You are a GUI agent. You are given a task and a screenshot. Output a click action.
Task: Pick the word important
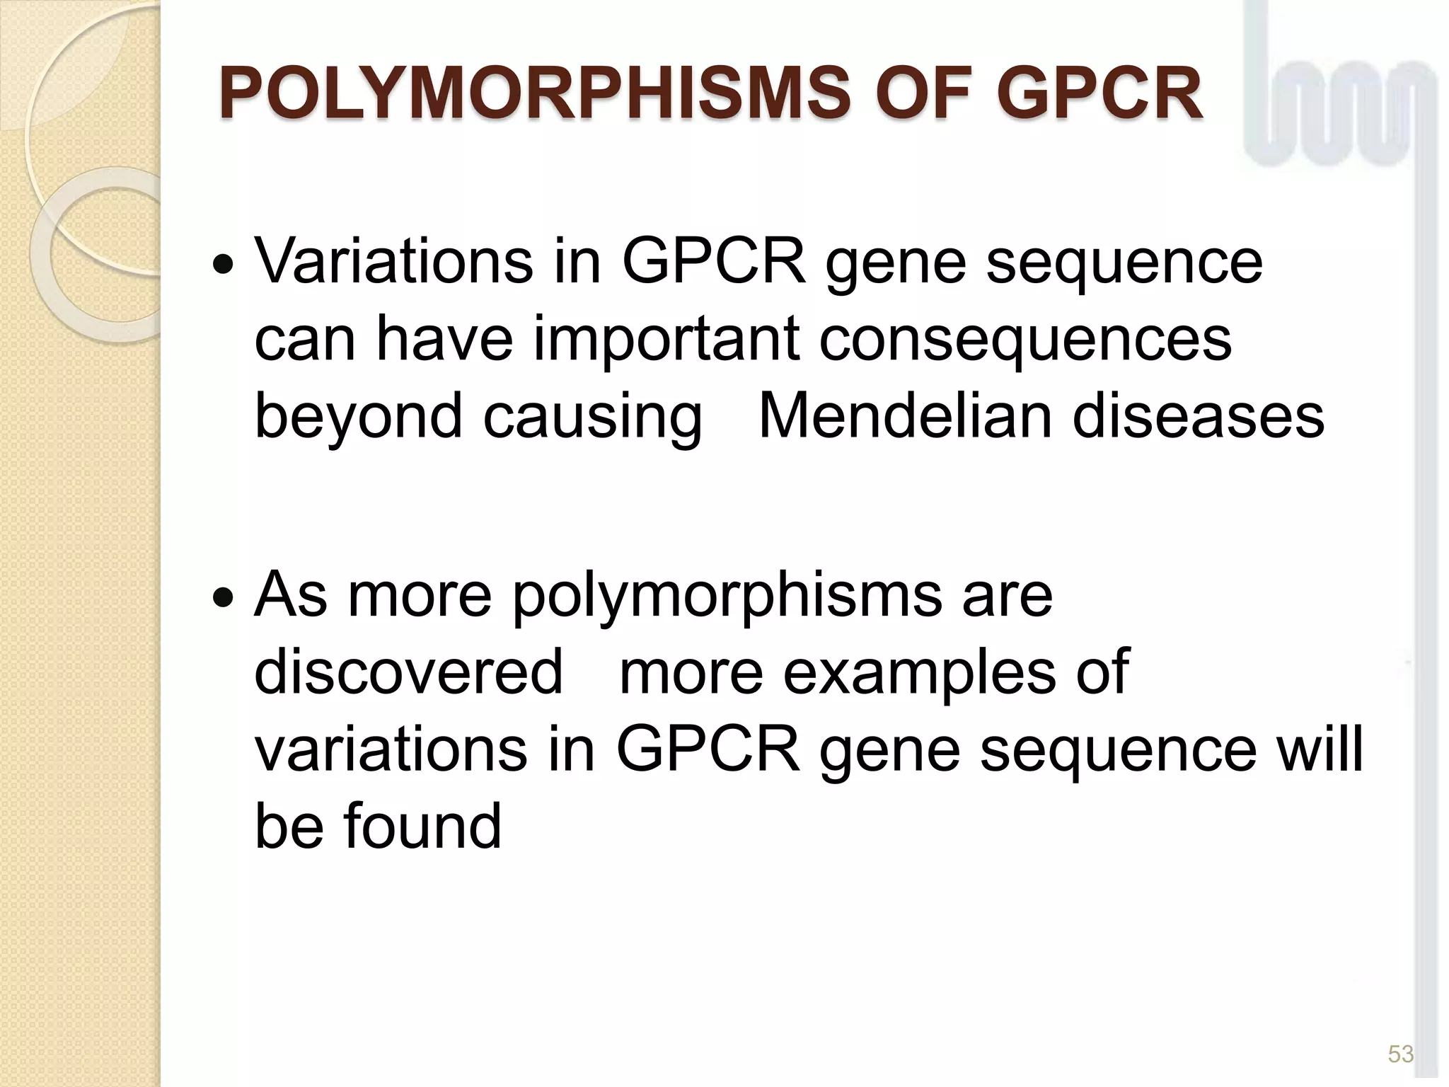point(666,339)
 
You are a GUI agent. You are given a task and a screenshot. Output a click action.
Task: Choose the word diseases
point(1198,415)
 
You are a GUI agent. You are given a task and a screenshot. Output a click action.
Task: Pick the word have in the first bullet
point(444,339)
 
